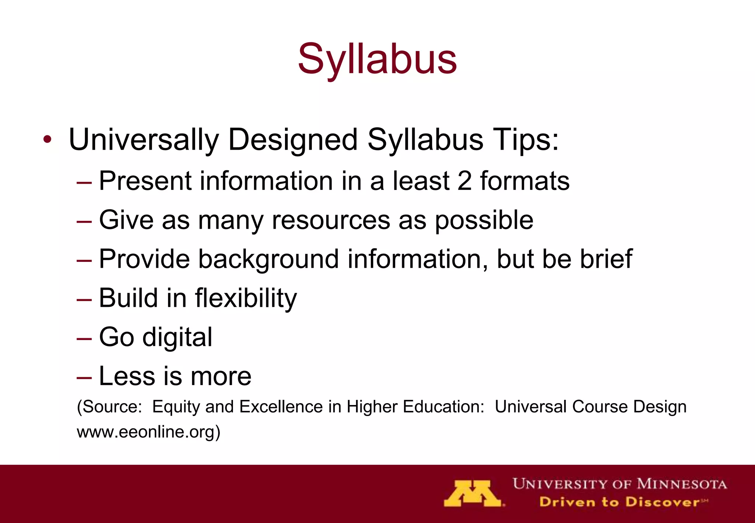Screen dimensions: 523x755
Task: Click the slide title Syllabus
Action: (x=377, y=59)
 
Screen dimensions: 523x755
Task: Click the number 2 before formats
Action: (x=464, y=181)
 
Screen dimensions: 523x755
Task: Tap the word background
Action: (x=268, y=260)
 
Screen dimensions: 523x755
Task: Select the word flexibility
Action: (x=246, y=299)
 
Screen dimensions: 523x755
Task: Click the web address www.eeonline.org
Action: (x=147, y=432)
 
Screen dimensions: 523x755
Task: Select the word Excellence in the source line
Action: (x=281, y=407)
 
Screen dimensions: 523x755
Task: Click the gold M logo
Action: (x=473, y=493)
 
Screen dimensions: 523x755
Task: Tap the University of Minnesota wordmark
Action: (x=619, y=484)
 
